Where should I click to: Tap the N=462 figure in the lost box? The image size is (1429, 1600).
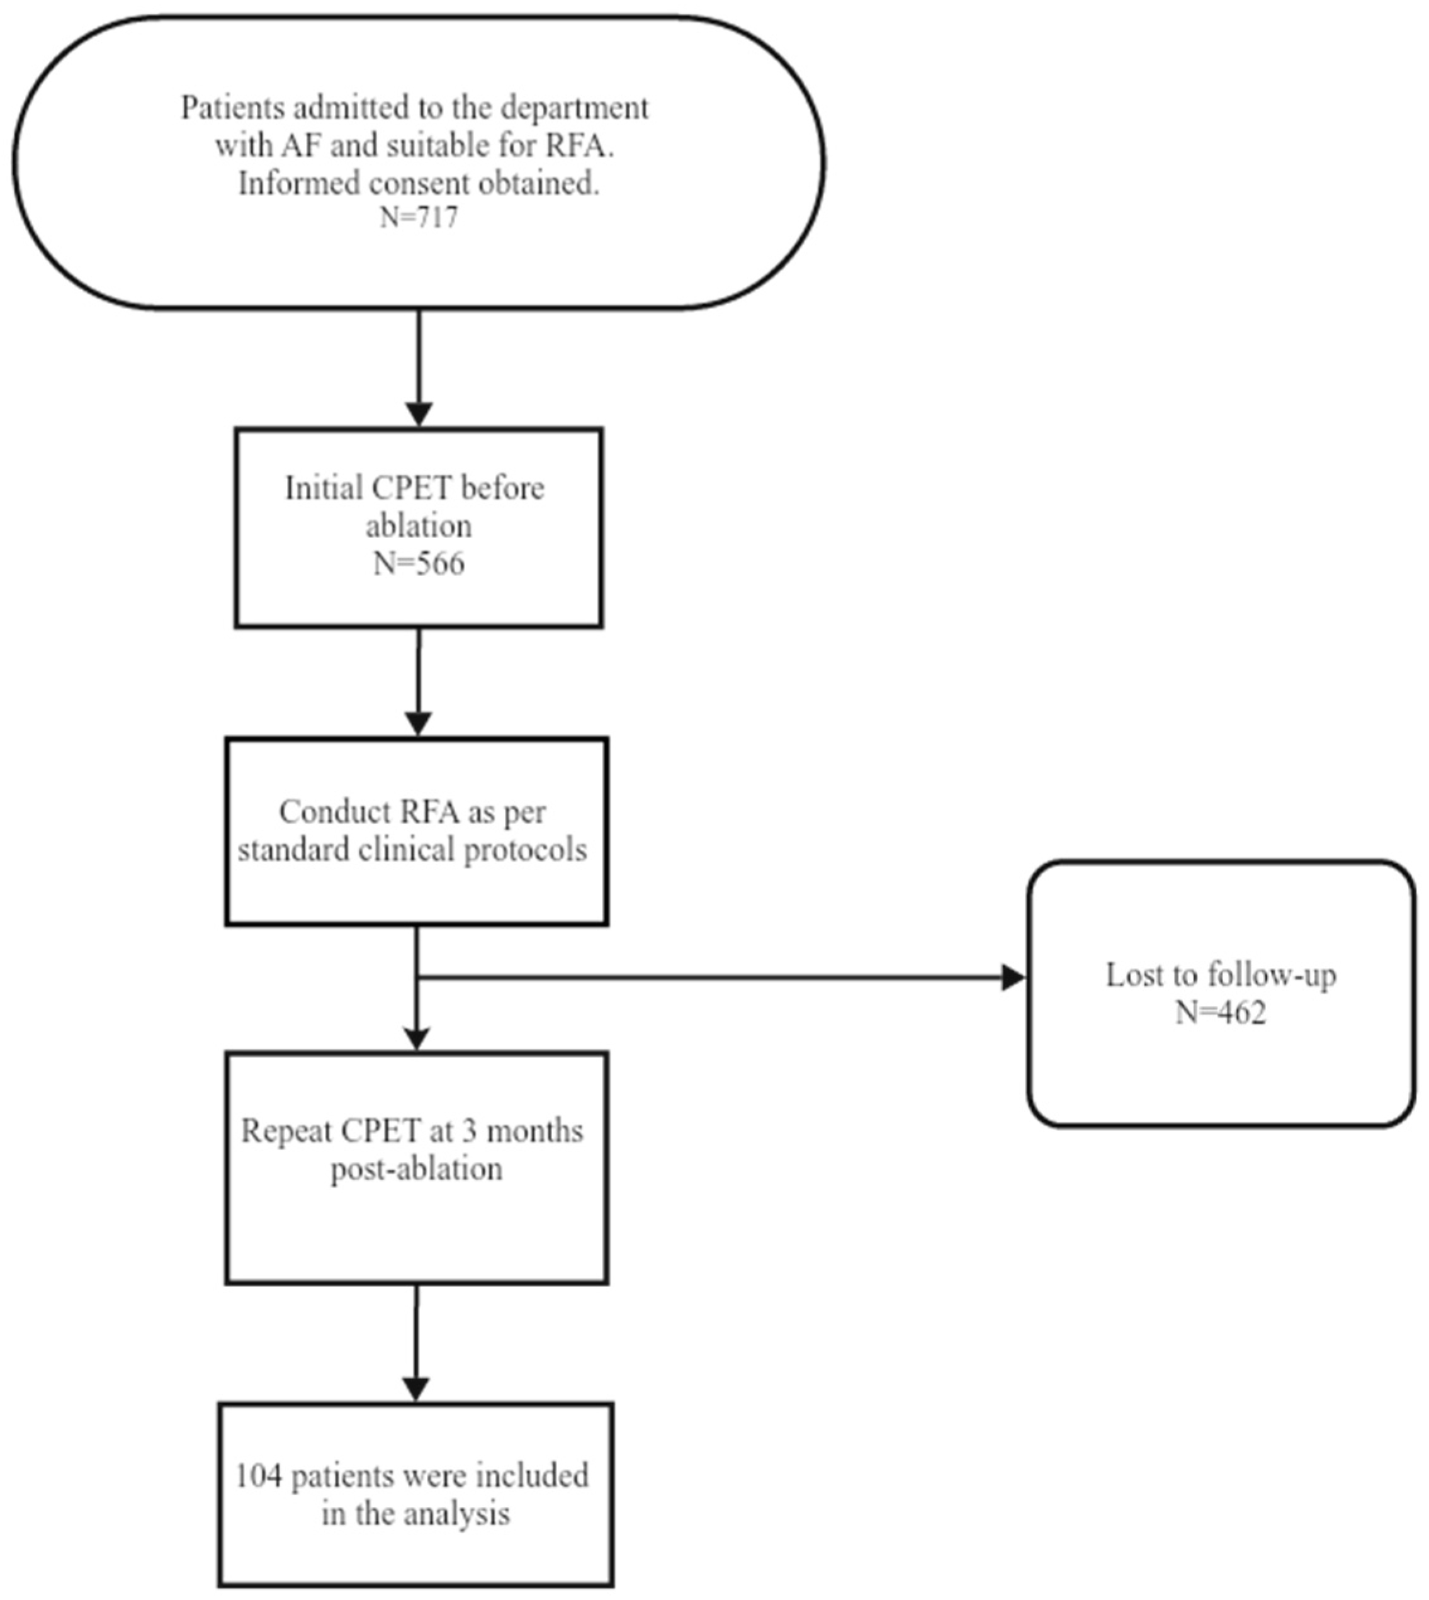tap(1221, 1013)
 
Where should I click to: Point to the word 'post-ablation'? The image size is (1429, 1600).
tap(416, 1169)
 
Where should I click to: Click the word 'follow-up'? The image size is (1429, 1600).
tap(1272, 976)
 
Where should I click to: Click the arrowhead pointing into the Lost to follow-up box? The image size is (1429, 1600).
tap(1014, 977)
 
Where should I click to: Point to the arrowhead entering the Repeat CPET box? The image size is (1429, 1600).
tap(416, 1038)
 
